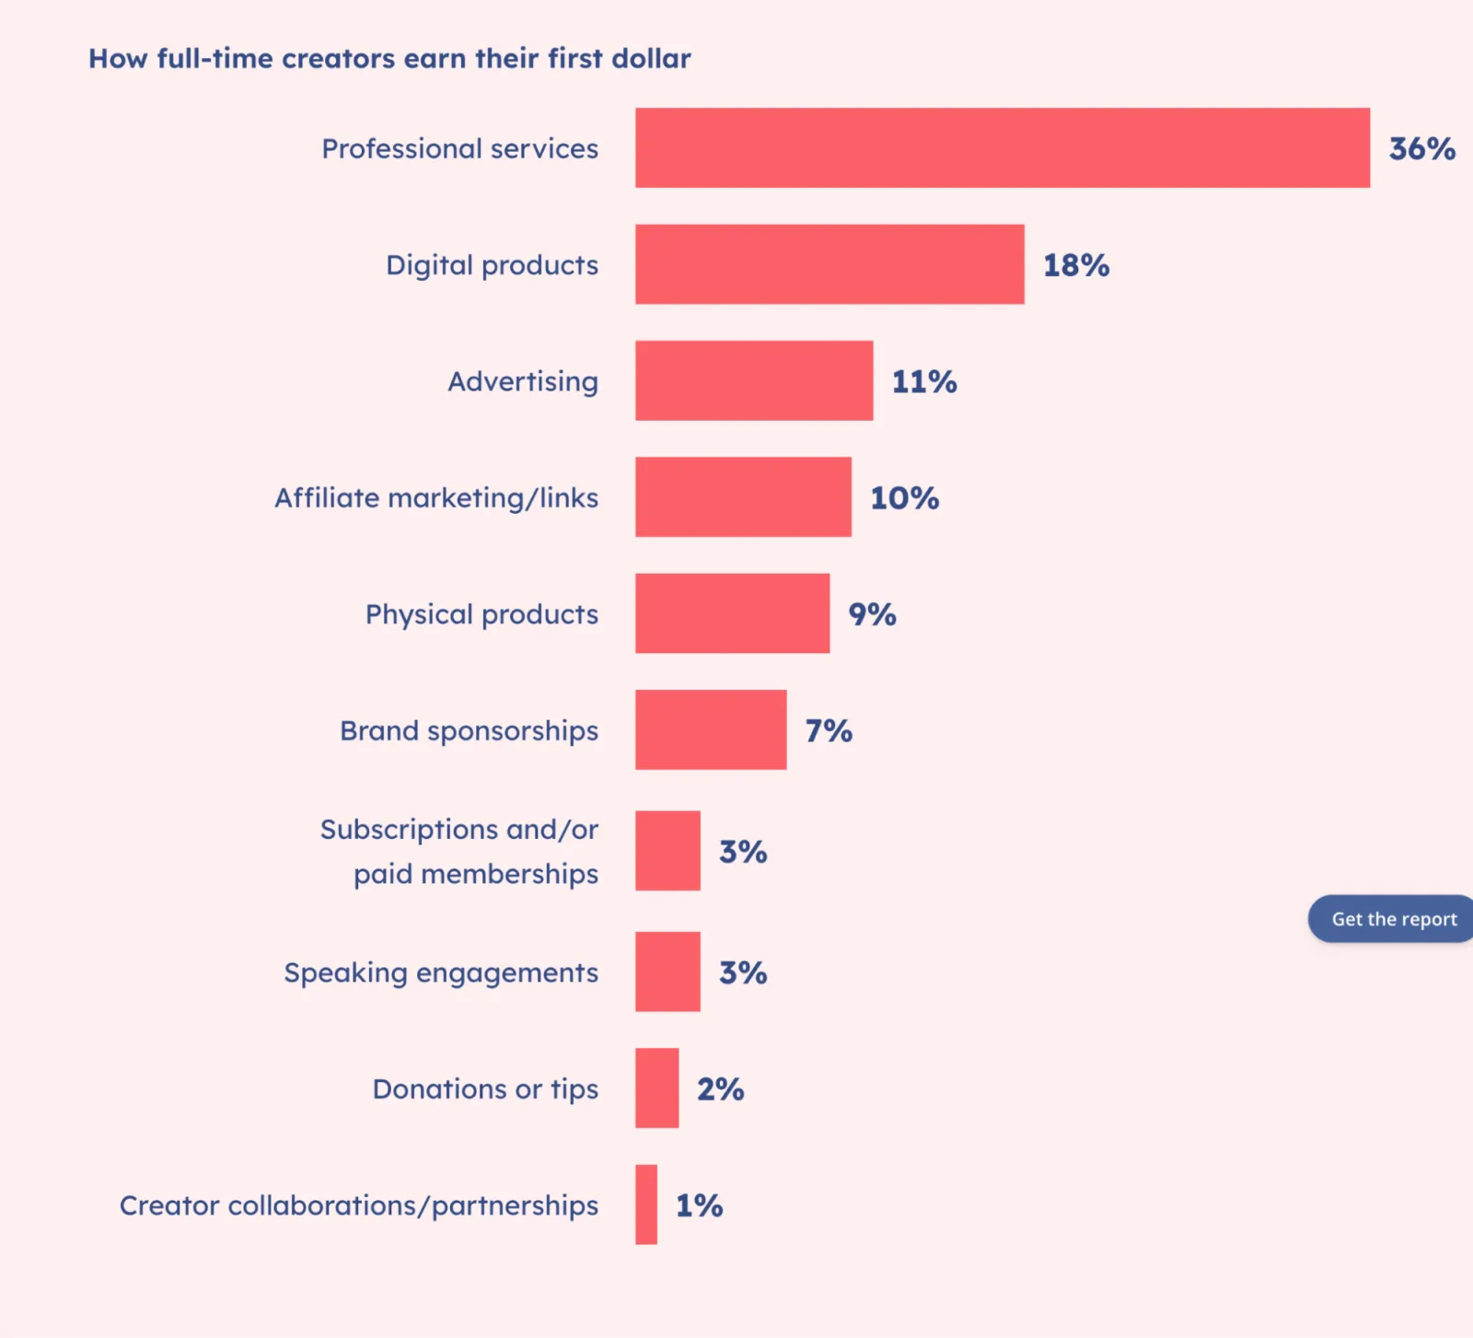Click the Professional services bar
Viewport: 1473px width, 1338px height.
click(1002, 147)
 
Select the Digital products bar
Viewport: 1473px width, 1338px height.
click(829, 264)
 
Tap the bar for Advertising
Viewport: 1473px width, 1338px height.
click(753, 380)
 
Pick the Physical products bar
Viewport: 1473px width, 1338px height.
click(732, 613)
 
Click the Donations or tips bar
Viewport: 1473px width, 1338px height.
click(656, 1088)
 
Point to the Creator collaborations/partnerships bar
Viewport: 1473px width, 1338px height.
click(646, 1204)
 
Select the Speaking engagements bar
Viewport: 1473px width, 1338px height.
click(667, 972)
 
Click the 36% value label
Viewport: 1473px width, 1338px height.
click(1421, 148)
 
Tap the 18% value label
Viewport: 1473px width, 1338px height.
click(1075, 265)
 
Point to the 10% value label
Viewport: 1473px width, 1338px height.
click(904, 498)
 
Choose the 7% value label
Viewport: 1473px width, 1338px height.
click(829, 730)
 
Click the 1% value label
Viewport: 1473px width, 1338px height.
click(699, 1205)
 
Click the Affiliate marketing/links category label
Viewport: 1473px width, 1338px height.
click(436, 498)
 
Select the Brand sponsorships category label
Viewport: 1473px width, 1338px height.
click(469, 731)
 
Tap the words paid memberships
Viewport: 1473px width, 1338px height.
click(476, 874)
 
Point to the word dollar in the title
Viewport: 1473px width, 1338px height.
click(651, 58)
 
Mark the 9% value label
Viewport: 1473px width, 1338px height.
click(872, 614)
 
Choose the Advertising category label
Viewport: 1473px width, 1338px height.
click(523, 381)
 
